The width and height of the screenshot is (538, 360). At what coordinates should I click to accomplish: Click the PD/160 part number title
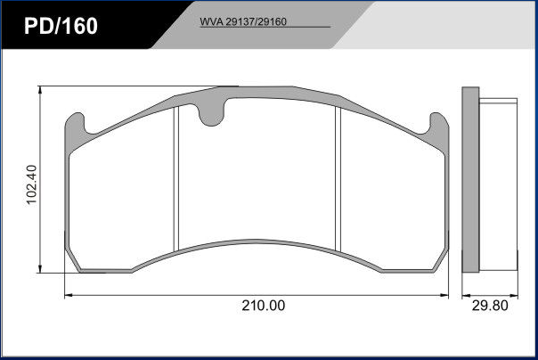pyautogui.click(x=61, y=26)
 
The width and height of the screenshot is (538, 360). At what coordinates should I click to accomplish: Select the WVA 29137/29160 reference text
pyautogui.click(x=243, y=22)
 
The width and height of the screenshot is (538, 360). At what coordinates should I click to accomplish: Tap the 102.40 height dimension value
pyautogui.click(x=31, y=184)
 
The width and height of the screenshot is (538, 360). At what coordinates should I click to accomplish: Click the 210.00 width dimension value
pyautogui.click(x=263, y=306)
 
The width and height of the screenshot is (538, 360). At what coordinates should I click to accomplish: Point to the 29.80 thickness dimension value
pyautogui.click(x=490, y=306)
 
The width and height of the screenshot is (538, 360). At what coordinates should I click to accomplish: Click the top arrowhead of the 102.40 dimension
pyautogui.click(x=40, y=90)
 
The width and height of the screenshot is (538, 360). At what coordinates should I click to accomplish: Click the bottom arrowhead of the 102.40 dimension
pyautogui.click(x=40, y=269)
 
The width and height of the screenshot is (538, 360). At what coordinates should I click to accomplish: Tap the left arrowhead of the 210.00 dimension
pyautogui.click(x=69, y=295)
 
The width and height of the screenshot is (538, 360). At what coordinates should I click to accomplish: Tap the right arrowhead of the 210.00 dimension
pyautogui.click(x=444, y=295)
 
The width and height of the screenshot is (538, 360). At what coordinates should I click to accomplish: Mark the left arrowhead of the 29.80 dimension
pyautogui.click(x=466, y=295)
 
